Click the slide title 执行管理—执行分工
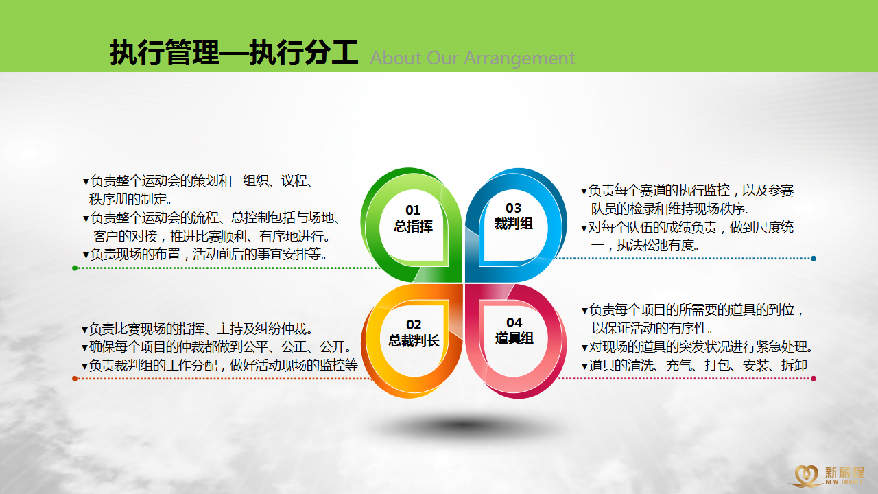tap(234, 52)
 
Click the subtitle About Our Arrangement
tap(473, 58)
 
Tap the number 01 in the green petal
tap(413, 210)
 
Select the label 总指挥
tap(413, 226)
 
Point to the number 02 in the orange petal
tap(414, 325)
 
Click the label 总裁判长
tap(414, 340)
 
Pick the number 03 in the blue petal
tap(514, 208)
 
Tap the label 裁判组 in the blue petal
tap(514, 224)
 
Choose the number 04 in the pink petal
tap(514, 322)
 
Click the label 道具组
tap(514, 338)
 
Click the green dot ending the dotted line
tap(75, 268)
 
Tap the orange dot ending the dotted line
tap(75, 379)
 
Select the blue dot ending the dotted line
tap(814, 259)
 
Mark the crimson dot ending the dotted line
tap(814, 379)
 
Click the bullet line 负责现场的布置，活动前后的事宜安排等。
tap(205, 255)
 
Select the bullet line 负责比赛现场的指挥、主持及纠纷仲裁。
tap(198, 329)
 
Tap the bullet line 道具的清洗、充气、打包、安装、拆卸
tap(694, 366)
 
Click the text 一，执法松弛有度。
tap(645, 246)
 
